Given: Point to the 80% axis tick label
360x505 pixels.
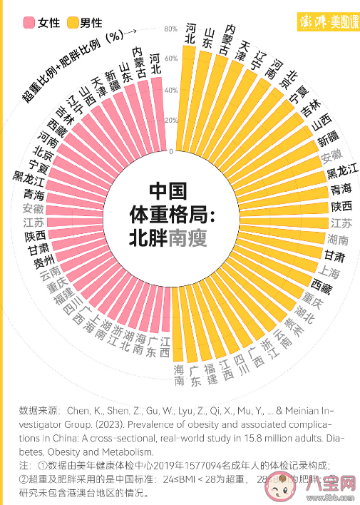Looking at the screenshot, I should (170, 29).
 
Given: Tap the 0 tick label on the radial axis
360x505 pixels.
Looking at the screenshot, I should (171, 152).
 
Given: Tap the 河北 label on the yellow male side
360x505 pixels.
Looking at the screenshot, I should (190, 34).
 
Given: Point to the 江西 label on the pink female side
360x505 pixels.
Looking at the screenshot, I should (165, 347).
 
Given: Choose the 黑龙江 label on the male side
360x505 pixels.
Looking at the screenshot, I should (341, 173).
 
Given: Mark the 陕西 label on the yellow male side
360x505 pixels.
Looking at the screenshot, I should (341, 206).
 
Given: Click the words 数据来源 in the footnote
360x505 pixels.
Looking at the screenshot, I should (40, 411).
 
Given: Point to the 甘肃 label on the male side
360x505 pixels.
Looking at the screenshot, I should (334, 255).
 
